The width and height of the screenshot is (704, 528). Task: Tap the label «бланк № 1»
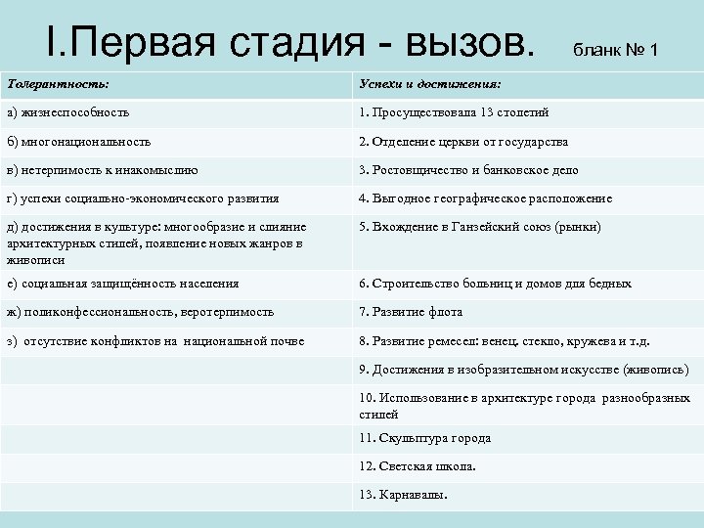(615, 49)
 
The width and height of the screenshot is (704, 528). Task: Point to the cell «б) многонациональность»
(77, 142)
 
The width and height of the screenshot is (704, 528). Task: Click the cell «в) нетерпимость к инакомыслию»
(102, 170)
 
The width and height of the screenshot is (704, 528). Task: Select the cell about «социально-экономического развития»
(142, 198)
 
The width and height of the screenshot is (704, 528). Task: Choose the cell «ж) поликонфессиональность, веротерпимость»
(140, 312)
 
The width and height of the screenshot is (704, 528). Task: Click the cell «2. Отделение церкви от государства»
(463, 142)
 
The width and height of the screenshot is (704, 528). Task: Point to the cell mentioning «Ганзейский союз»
(480, 227)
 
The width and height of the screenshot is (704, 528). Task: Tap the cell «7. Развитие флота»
(411, 312)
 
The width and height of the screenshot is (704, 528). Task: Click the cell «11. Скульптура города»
(424, 438)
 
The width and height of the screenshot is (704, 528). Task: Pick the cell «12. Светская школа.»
(418, 466)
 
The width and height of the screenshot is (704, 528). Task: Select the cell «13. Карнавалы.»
(404, 495)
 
